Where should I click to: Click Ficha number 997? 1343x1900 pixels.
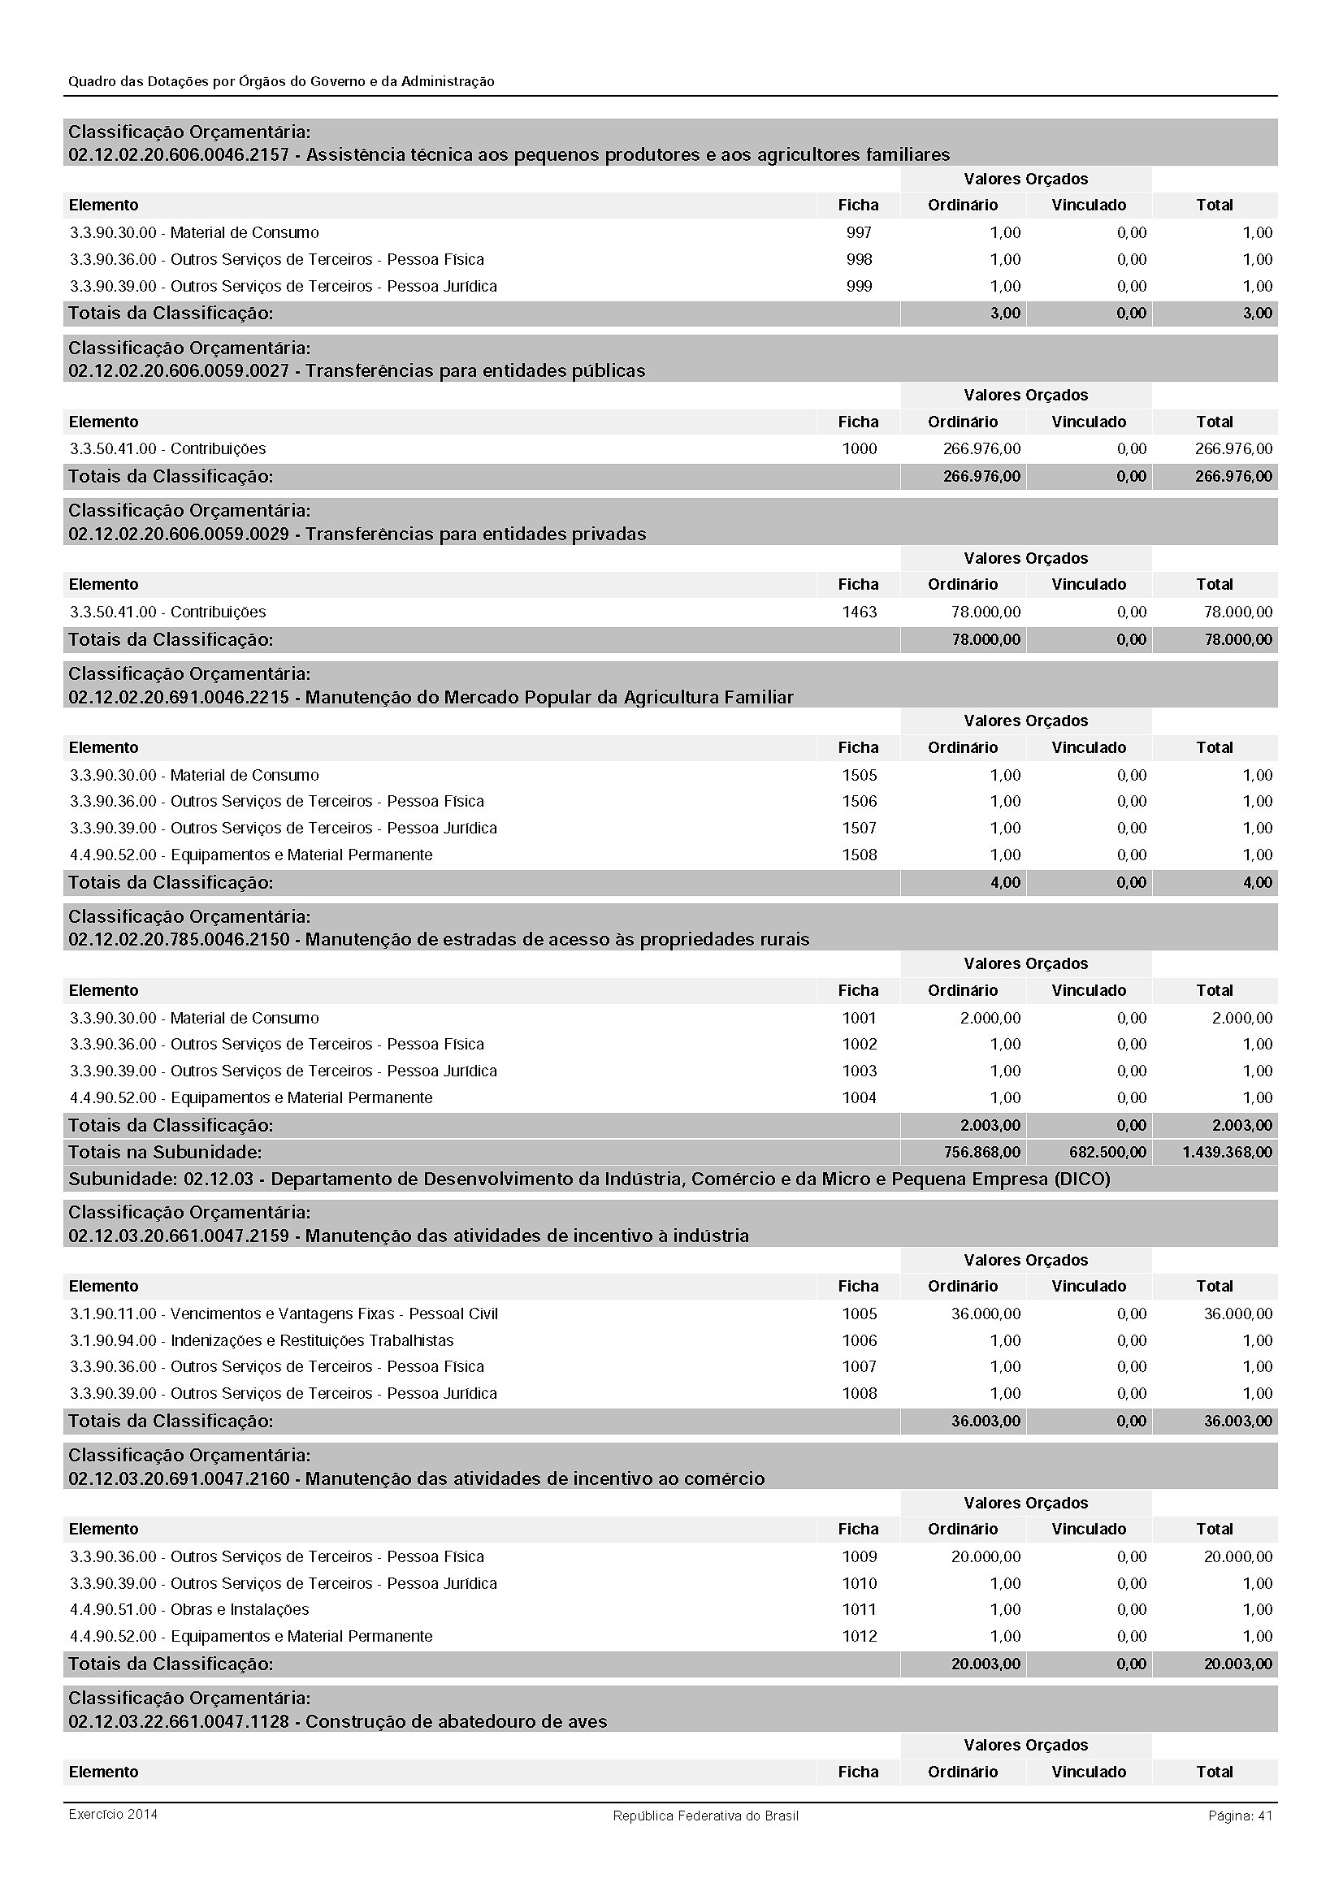859,232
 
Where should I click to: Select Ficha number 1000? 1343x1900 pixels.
859,448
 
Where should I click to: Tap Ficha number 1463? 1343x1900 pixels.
859,612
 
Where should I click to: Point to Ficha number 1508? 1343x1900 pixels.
859,855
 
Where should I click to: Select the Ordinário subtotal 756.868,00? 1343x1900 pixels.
981,1152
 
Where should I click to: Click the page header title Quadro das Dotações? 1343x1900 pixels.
281,81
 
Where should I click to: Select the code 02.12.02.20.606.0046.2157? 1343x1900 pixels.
179,155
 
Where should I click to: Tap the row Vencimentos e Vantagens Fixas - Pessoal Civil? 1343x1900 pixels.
284,1314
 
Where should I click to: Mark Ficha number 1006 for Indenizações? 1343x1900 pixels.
859,1340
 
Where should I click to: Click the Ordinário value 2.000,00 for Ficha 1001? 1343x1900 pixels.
990,1018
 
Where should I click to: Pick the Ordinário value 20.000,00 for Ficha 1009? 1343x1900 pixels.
986,1556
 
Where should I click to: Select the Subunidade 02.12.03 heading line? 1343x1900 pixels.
588,1179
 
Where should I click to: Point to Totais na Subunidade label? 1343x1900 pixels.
165,1152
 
